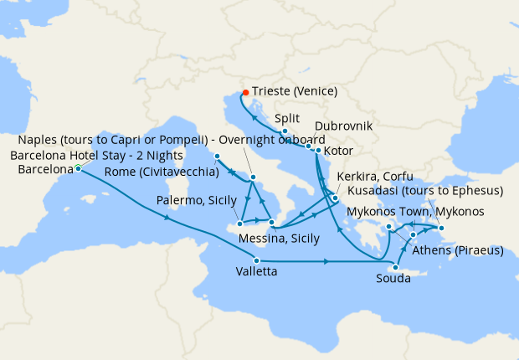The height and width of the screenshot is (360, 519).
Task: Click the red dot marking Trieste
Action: tap(245, 92)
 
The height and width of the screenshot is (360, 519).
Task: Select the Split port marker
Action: tap(285, 131)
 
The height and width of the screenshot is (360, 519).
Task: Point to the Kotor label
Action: tap(339, 151)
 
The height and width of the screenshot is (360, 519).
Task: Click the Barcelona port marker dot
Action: tap(78, 168)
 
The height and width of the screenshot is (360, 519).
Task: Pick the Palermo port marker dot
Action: tap(240, 224)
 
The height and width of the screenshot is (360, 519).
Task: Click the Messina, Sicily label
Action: tap(279, 239)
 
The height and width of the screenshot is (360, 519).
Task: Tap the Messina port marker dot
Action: tap(272, 223)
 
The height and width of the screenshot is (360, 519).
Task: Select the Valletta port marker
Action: tap(256, 261)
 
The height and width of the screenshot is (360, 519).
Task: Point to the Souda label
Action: tap(393, 278)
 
